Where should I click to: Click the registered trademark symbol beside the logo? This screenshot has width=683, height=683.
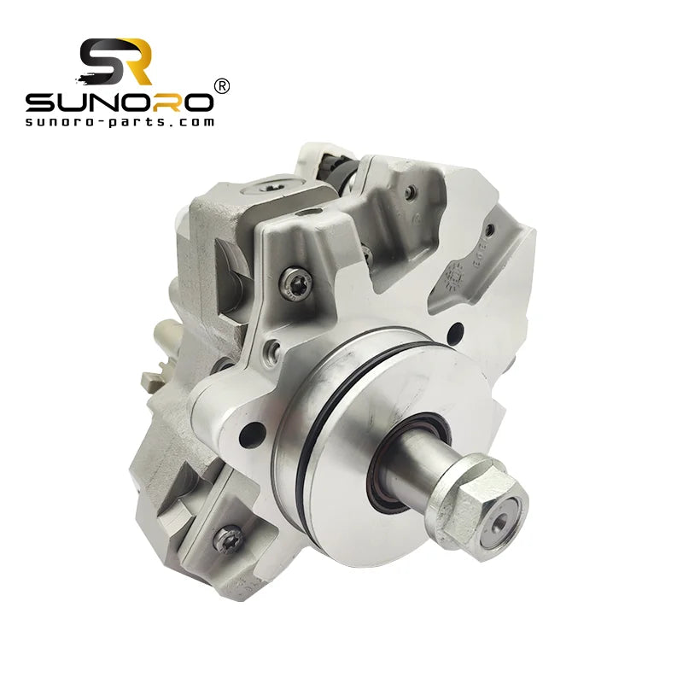(x=221, y=85)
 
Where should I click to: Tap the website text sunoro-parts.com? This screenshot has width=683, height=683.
(x=120, y=121)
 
